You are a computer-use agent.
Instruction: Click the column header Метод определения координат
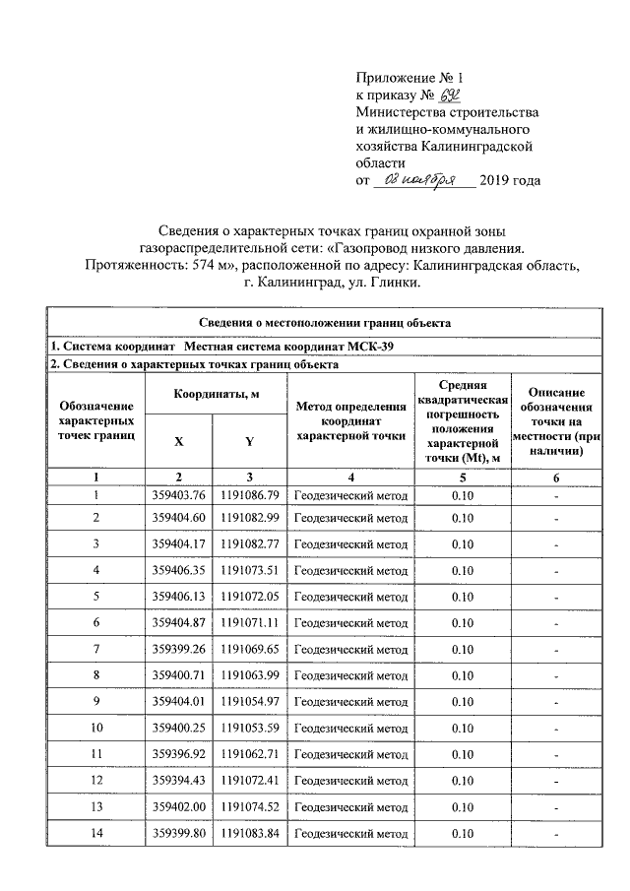[350, 420]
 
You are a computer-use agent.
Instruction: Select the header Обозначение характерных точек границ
[96, 420]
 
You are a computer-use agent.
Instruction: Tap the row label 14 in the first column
[96, 834]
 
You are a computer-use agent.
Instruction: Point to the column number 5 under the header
[462, 477]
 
